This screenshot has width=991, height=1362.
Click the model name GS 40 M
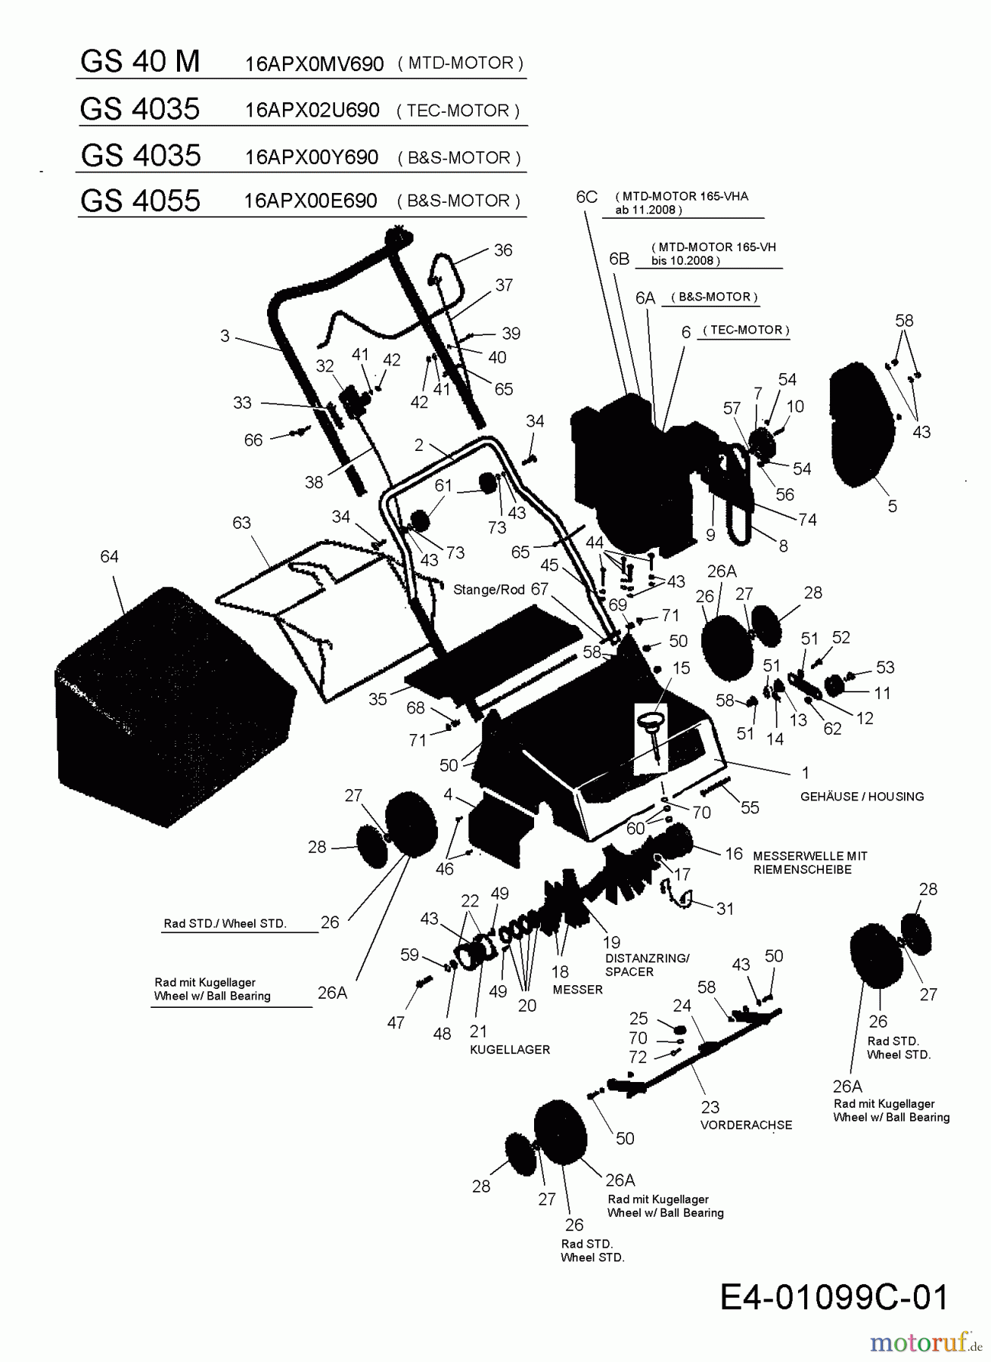point(140,61)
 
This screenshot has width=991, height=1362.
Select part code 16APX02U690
point(312,110)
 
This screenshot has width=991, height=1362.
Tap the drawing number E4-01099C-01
point(834,1297)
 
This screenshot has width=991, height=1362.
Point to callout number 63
point(241,523)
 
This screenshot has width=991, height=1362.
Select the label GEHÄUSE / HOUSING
point(862,796)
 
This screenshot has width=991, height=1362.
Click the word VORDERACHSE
point(746,1125)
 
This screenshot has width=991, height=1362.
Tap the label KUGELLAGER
point(510,1049)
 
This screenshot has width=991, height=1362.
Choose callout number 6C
point(586,197)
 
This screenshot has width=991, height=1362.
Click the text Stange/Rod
point(489,589)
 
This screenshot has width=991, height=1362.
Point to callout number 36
point(503,250)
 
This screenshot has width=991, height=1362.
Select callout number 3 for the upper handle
point(225,335)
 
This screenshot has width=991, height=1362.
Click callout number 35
point(377,699)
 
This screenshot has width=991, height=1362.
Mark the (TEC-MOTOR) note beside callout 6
point(746,330)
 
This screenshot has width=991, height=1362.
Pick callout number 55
point(750,807)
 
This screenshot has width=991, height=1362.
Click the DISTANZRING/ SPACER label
point(647,965)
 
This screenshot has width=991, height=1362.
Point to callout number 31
point(725,908)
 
